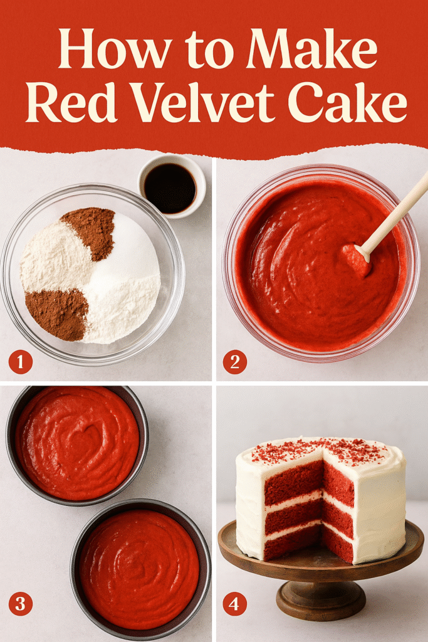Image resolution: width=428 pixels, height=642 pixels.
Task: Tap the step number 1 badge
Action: point(21,362)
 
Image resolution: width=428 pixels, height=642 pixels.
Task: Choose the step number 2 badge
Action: point(235,362)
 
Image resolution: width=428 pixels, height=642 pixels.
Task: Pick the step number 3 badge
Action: point(21,604)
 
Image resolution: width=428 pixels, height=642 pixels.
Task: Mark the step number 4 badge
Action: point(235,604)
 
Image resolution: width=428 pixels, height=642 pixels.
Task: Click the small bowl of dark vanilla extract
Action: point(170,187)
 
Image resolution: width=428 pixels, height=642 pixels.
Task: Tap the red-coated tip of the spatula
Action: point(355,258)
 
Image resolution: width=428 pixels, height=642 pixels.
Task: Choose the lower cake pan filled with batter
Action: point(140,568)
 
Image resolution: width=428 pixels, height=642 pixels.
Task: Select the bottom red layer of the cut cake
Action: point(295,543)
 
